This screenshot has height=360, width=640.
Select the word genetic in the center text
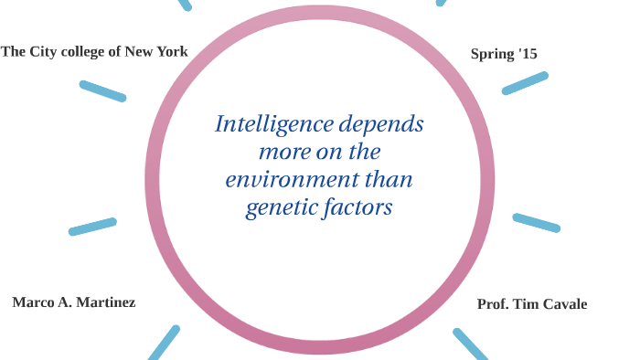click(x=278, y=208)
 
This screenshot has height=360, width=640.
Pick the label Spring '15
click(x=504, y=54)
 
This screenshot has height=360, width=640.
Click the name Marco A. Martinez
click(x=73, y=302)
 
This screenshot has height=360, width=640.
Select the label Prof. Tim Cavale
click(x=532, y=304)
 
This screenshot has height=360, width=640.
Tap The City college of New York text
click(x=94, y=52)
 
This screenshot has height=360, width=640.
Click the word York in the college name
click(x=171, y=52)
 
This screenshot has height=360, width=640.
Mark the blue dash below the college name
click(x=102, y=90)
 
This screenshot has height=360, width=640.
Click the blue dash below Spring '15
click(x=525, y=83)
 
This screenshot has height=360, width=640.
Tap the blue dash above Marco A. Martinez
click(x=92, y=227)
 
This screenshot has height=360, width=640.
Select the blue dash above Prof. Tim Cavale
click(x=536, y=222)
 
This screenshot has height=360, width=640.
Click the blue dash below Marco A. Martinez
click(x=164, y=343)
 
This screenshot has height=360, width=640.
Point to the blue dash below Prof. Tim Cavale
click(x=472, y=344)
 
